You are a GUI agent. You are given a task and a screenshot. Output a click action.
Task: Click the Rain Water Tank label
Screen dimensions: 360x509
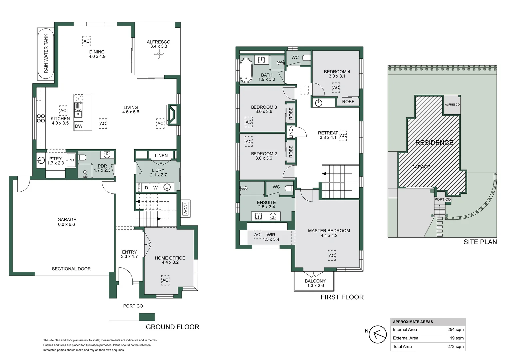tap(46, 53)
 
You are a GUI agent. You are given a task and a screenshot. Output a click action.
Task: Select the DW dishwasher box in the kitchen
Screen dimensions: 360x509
tap(79, 126)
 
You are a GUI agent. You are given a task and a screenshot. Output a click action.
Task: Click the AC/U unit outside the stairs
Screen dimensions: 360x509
tap(186, 208)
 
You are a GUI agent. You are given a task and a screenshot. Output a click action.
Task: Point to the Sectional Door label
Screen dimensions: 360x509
tap(71, 269)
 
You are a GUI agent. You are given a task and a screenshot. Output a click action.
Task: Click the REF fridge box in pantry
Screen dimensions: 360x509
tap(72, 160)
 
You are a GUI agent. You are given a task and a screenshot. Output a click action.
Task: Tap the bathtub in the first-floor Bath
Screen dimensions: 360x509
tap(246, 70)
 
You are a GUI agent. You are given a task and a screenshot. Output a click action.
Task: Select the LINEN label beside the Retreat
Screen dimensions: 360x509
tap(291, 132)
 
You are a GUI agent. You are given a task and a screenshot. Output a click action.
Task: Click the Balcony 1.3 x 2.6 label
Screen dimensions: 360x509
tap(315, 283)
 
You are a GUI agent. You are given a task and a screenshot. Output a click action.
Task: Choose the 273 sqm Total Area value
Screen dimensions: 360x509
tap(455, 346)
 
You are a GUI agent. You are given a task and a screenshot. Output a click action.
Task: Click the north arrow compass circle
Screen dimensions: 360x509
tap(378, 334)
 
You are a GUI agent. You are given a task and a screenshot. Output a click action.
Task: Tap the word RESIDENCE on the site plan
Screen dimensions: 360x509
tap(434, 143)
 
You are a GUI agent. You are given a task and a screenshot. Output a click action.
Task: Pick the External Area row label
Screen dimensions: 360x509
tap(405, 338)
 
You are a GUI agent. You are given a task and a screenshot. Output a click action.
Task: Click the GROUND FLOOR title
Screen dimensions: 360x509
tap(172, 327)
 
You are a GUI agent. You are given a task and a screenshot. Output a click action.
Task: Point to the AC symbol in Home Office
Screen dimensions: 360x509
tap(165, 280)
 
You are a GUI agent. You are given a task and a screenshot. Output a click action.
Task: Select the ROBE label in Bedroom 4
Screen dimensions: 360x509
tap(348, 102)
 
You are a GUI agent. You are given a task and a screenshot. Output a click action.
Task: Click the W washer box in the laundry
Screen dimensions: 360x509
tap(155, 188)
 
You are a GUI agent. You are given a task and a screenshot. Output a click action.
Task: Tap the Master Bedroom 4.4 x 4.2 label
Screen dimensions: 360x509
tap(329, 233)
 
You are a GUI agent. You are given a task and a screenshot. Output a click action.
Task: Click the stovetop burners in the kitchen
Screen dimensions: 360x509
tap(41, 118)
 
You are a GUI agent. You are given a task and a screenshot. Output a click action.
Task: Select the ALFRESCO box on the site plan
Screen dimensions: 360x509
tap(452, 104)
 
